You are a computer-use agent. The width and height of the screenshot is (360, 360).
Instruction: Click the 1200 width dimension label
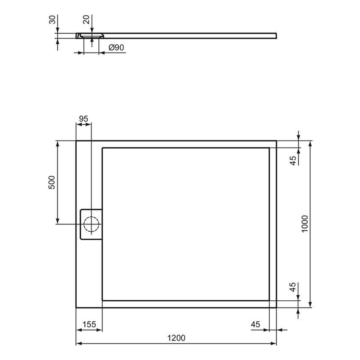coord(176,338)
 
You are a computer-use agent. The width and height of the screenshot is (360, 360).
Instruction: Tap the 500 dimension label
coord(52,182)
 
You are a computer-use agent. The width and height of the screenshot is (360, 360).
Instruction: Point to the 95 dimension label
coord(83,119)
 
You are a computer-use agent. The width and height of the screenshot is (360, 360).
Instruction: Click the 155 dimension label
coord(89,324)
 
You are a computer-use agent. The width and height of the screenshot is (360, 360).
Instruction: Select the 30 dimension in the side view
coord(52,20)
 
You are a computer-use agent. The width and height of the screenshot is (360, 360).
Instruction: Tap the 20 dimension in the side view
coord(86,20)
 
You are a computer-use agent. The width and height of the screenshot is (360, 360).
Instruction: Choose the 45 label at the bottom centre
coord(255,324)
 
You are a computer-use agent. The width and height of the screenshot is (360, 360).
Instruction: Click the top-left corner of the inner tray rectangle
coord(102,148)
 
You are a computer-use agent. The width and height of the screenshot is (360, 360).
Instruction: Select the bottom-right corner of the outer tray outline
coord(276,307)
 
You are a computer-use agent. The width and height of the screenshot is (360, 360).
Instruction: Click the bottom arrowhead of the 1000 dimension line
coord(310,305)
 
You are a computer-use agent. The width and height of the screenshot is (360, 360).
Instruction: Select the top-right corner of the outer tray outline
coord(276,141)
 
